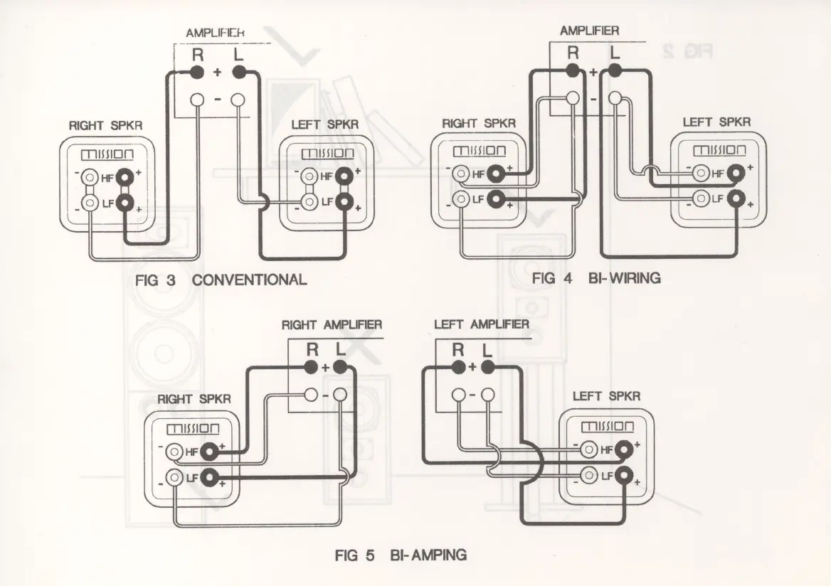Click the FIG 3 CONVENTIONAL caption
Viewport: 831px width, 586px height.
221,279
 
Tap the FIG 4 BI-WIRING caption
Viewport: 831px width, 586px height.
596,278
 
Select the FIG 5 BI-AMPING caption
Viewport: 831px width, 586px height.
401,555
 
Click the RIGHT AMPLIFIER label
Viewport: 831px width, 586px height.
332,325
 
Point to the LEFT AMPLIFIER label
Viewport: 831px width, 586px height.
481,325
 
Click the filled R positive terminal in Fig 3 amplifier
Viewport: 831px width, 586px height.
197,71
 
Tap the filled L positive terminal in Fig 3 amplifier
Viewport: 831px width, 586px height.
238,71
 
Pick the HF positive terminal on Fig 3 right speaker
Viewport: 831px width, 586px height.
126,176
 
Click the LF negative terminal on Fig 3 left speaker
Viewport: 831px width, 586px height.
308,202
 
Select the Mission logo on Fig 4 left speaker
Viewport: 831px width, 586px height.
719,151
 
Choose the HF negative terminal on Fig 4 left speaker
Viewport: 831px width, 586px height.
701,172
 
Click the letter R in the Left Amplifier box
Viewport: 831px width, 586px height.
458,349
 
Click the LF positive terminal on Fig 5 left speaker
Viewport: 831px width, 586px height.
624,476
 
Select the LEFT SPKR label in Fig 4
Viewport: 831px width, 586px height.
716,122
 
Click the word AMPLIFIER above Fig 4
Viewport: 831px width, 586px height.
589,31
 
